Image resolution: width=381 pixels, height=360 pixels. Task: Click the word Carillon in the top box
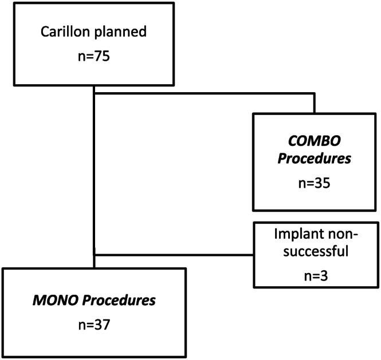tap(64, 32)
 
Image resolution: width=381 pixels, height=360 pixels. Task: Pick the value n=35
tap(314, 185)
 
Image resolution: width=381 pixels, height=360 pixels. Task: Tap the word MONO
tap(48, 300)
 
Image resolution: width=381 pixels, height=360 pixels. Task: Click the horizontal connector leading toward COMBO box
tap(203, 92)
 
